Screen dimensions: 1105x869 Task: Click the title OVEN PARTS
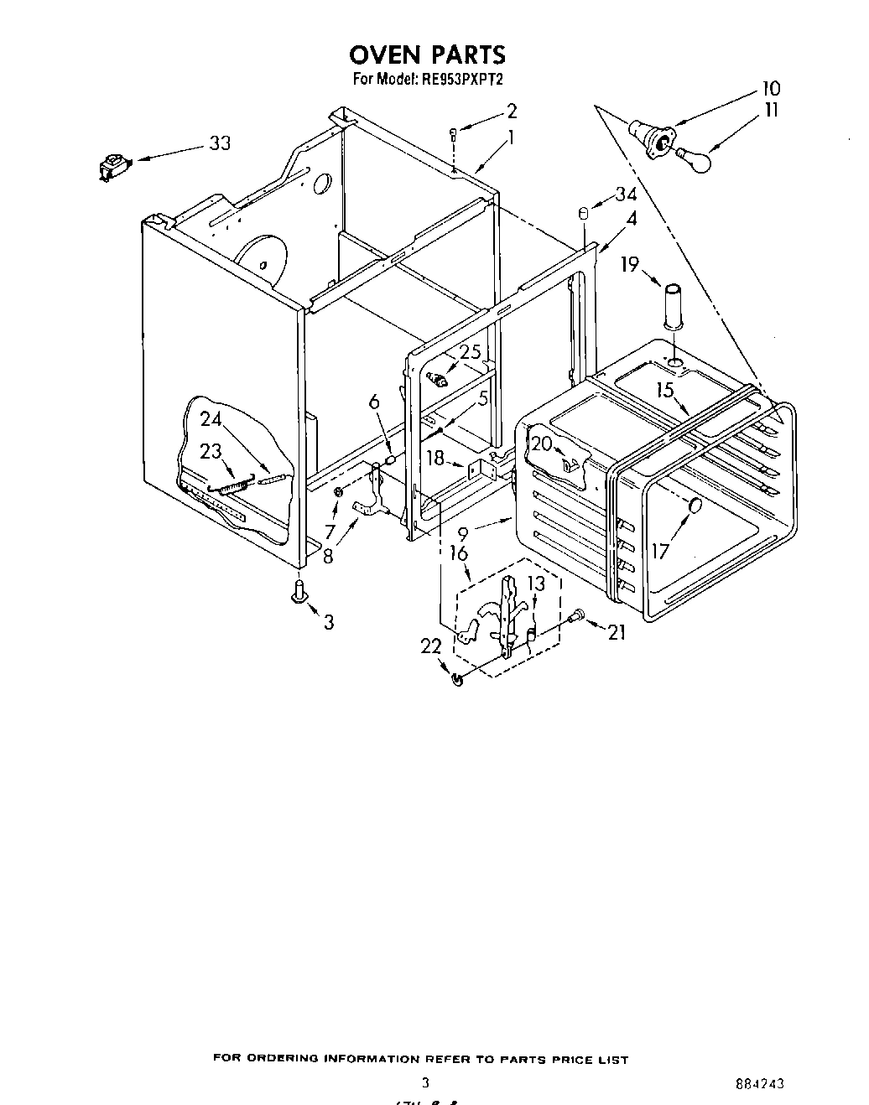(427, 54)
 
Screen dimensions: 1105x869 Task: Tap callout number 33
(219, 143)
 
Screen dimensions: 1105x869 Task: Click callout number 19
(630, 264)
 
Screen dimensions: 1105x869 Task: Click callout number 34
(626, 195)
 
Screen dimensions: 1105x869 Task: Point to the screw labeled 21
(575, 616)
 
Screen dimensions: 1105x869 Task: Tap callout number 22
(430, 646)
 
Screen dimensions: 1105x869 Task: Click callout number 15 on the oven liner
(666, 390)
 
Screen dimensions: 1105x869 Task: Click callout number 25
(470, 352)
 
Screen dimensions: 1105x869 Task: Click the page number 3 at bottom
(425, 1082)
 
